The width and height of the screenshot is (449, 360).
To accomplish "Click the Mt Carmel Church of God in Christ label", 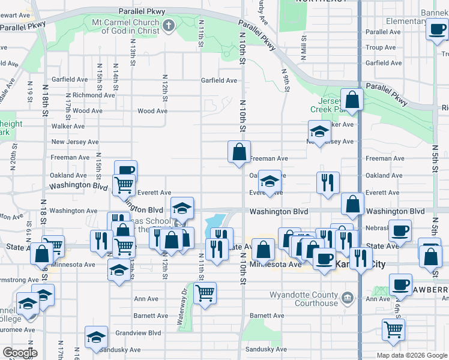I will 125,26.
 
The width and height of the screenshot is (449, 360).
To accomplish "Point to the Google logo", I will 20,353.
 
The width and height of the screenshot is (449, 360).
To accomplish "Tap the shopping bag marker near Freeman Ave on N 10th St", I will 239,152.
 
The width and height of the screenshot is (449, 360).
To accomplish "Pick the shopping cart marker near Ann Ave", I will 205,293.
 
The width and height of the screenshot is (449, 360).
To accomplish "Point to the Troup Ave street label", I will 379,47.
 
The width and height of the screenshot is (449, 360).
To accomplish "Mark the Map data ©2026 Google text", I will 411,355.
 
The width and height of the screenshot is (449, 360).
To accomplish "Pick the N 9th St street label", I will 286,79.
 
